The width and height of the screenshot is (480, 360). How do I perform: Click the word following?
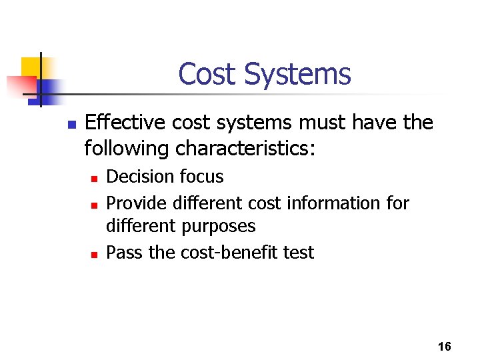(127, 149)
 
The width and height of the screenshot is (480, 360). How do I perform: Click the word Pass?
(124, 253)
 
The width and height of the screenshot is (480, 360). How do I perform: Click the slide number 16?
(445, 347)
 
